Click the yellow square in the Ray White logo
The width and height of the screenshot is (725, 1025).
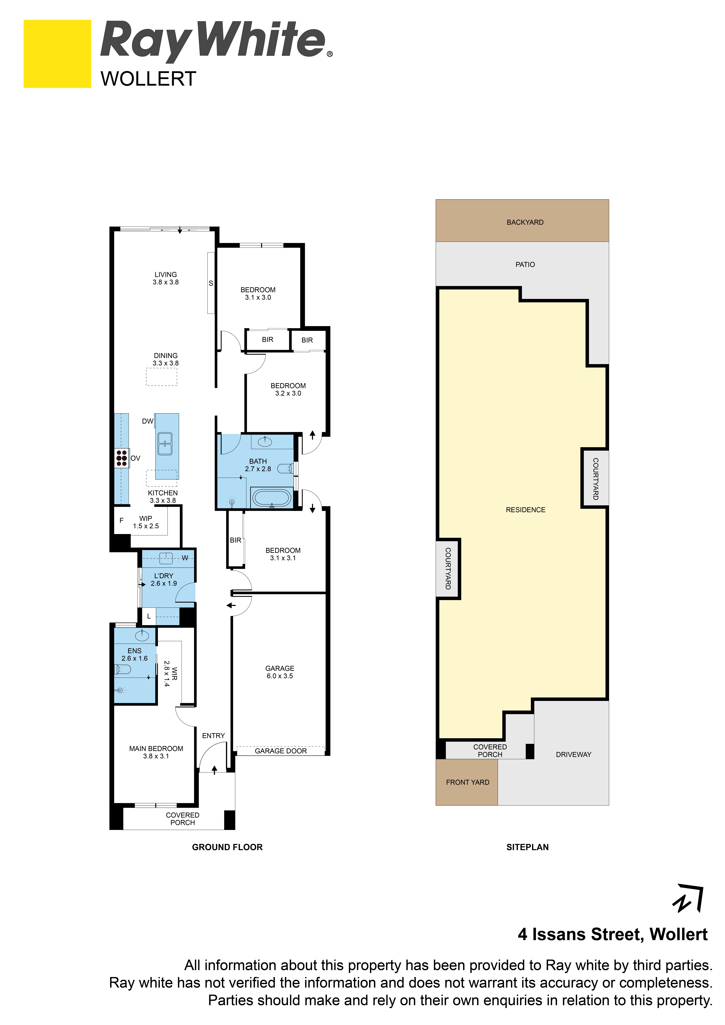57,54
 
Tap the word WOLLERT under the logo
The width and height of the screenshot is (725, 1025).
148,79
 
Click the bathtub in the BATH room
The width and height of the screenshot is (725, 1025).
271,497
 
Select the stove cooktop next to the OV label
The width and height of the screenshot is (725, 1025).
121,458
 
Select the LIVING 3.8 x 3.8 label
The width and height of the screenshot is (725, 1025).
166,278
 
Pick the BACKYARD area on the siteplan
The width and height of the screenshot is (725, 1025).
522,221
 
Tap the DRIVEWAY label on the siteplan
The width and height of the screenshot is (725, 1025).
574,754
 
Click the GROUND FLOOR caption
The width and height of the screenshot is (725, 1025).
227,847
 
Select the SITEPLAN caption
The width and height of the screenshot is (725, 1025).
527,847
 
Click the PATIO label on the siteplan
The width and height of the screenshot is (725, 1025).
525,264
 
